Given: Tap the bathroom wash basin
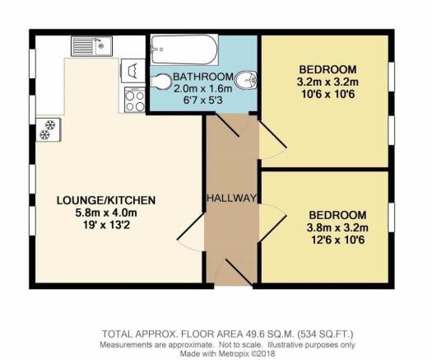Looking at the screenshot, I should (x=248, y=81).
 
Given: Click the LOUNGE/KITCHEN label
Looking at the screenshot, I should (x=106, y=200).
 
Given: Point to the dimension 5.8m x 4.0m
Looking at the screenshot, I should (x=106, y=213).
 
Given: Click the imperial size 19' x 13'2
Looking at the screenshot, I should (x=106, y=225).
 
